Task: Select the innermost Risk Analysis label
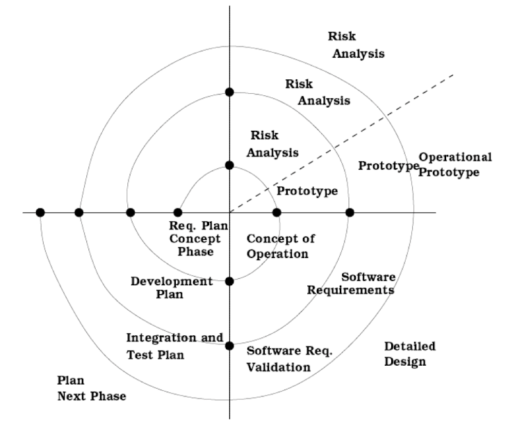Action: (275, 144)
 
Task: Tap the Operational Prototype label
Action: (454, 165)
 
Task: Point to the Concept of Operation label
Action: (281, 246)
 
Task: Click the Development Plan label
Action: (172, 288)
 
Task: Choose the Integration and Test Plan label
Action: (174, 346)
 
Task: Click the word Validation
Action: (278, 366)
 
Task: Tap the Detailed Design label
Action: (409, 354)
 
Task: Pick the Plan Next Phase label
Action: (91, 388)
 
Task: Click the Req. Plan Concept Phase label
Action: (195, 239)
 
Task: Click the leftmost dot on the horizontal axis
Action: (40, 212)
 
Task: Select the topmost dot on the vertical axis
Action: (229, 92)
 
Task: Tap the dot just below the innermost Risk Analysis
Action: (229, 166)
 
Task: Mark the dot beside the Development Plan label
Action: (229, 282)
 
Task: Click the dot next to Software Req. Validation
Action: (229, 346)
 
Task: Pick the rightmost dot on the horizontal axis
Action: (350, 212)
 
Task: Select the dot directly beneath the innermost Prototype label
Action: (277, 212)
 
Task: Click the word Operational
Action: (455, 157)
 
